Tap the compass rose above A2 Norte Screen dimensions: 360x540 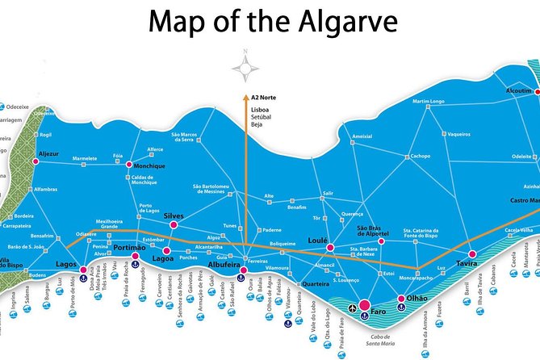pyautogui.click(x=246, y=65)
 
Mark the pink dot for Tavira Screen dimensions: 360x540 pyautogui.click(x=472, y=254)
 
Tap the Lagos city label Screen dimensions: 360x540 pyautogui.click(x=66, y=264)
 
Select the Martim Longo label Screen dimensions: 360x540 pyautogui.click(x=429, y=101)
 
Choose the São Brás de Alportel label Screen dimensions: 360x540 pyautogui.click(x=374, y=231)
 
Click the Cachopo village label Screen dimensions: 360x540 pyautogui.click(x=421, y=157)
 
